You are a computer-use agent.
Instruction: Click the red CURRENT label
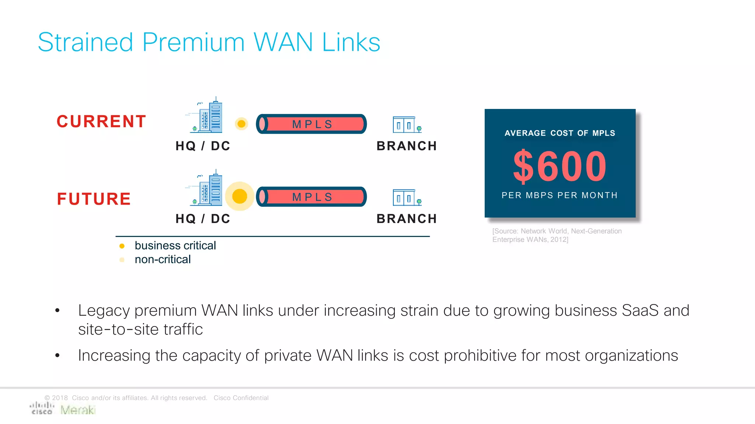click(101, 121)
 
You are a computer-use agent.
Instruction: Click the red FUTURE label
click(94, 199)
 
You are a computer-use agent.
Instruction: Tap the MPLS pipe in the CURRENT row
click(312, 124)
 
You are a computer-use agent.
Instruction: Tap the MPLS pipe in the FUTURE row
click(312, 197)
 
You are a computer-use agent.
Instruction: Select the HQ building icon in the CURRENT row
click(206, 116)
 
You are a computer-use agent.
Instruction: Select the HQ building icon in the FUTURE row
click(206, 188)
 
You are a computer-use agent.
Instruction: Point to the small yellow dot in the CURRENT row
click(241, 124)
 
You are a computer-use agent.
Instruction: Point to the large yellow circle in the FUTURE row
click(240, 197)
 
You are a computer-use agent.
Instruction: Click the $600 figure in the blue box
click(560, 167)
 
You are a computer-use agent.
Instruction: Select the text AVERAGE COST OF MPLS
click(560, 133)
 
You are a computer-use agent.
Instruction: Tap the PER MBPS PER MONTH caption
click(560, 195)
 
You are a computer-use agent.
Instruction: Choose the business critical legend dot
click(122, 246)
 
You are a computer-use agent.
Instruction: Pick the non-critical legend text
click(163, 259)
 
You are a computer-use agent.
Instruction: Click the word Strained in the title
click(85, 42)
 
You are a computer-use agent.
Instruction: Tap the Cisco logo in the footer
click(42, 408)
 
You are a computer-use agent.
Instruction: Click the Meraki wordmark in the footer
click(78, 410)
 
